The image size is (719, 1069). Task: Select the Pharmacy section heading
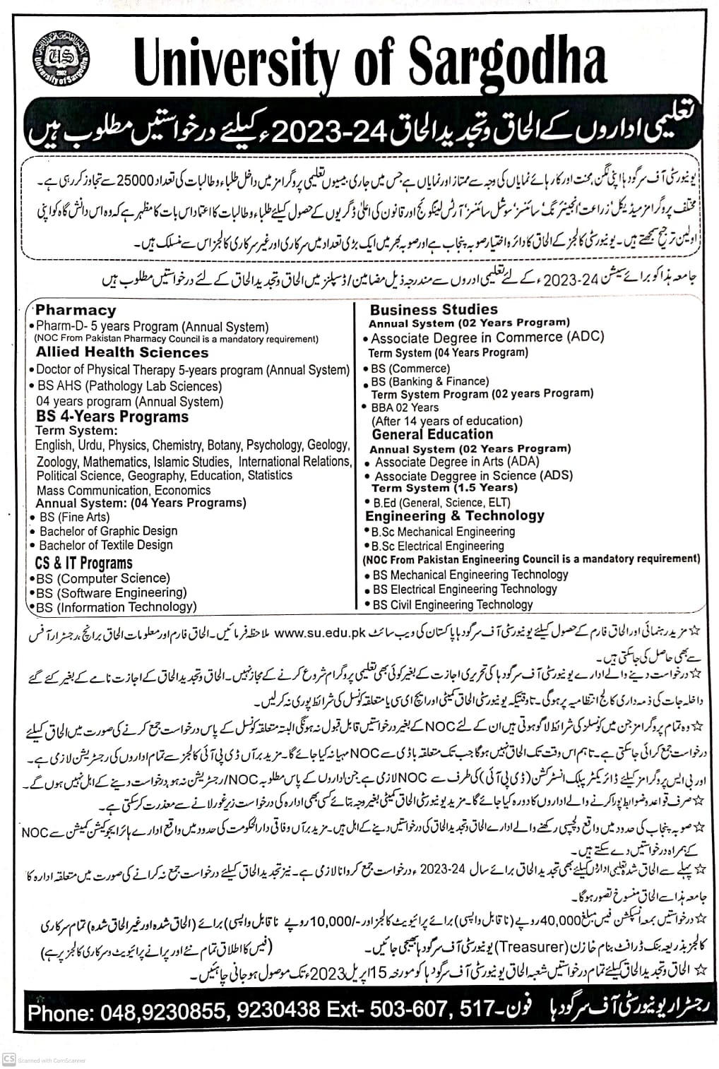click(76, 310)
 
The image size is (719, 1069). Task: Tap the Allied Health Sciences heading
click(122, 352)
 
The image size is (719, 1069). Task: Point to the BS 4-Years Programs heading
click(112, 417)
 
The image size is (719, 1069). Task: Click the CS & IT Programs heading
click(83, 563)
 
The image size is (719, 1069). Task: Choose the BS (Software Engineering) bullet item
click(112, 592)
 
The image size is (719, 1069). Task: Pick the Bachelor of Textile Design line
click(106, 545)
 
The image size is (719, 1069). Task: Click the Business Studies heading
click(434, 309)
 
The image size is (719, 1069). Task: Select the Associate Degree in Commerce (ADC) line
click(487, 338)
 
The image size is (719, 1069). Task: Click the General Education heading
click(432, 434)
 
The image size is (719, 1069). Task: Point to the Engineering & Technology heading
click(455, 516)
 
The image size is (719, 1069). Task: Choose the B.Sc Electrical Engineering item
click(438, 545)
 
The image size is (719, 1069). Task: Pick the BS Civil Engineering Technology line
click(453, 604)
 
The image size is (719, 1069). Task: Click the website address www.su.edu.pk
click(319, 633)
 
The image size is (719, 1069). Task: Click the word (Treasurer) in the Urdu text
click(531, 946)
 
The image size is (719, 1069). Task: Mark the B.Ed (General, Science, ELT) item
click(441, 502)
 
